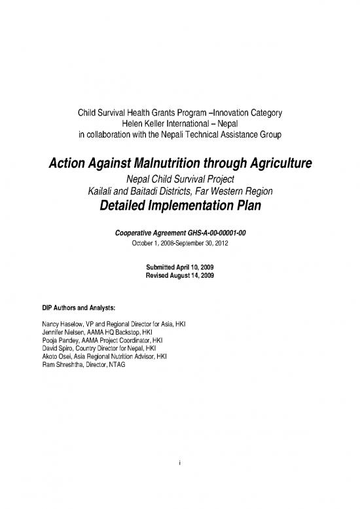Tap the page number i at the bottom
179,464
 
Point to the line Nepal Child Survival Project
180,179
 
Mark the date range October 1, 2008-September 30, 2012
180,241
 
